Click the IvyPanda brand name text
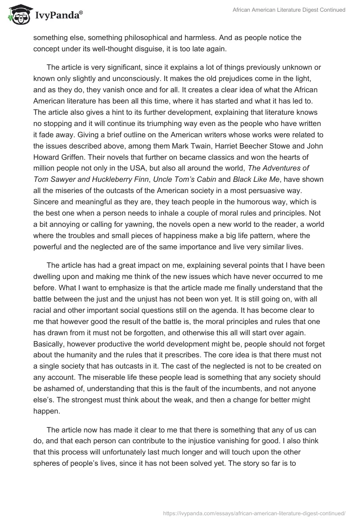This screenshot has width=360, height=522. pyautogui.click(x=58, y=16)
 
